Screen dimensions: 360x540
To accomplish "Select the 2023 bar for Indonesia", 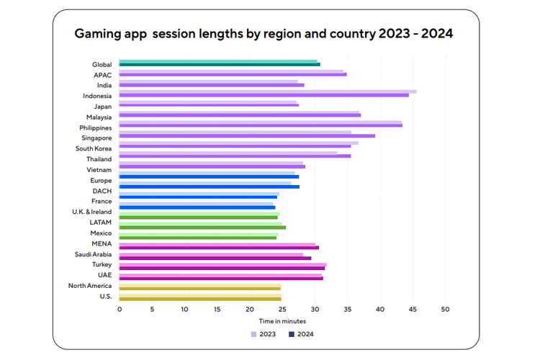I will pos(267,91).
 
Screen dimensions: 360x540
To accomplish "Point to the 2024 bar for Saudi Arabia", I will pos(215,257).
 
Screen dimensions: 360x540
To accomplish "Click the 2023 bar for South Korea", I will pos(238,143).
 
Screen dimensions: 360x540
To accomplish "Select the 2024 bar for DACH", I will pos(209,187).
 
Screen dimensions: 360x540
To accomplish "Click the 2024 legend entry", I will pos(301,334).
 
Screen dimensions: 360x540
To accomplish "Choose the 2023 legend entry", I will pos(264,334).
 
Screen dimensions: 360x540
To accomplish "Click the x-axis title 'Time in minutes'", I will pos(283,321).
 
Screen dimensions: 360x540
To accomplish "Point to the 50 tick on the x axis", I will pos(445,309).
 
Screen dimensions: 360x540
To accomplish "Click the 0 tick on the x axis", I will pos(120,309).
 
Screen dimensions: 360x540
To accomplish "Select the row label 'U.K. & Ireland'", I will pos(91,212).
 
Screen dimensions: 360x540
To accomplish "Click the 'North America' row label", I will pos(90,286).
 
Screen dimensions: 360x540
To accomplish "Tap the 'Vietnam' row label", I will pos(99,169).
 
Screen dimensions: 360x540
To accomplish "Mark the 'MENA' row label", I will pos(102,243).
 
